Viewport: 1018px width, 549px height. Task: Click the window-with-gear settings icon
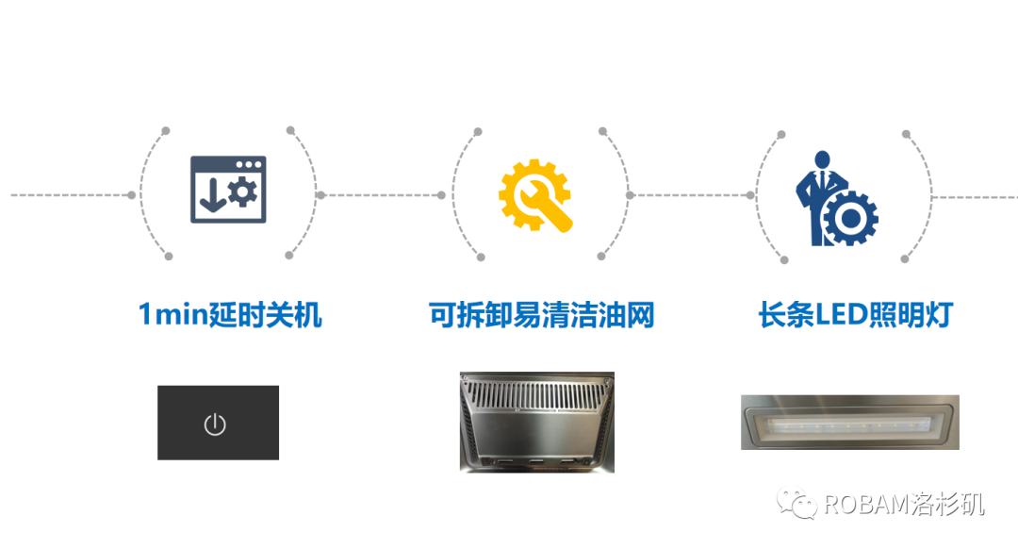pos(228,190)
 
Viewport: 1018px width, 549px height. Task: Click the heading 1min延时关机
pos(230,315)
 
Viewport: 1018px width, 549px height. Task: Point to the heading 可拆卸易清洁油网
pos(541,315)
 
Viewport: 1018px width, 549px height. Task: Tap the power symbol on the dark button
pos(215,424)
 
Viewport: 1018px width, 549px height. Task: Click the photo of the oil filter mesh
pos(536,422)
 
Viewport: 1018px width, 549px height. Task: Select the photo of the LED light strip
pos(849,422)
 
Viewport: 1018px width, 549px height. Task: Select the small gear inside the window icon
pos(242,193)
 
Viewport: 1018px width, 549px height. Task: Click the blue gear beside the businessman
pos(851,219)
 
